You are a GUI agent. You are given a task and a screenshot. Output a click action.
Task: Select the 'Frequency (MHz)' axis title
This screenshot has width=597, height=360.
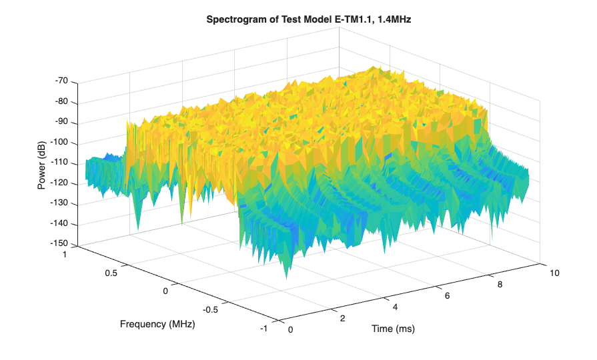[x=158, y=324]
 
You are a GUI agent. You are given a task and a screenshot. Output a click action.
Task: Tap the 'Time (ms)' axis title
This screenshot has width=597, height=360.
[x=394, y=329]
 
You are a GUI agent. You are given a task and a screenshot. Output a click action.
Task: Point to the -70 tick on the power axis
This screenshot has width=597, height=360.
[x=61, y=81]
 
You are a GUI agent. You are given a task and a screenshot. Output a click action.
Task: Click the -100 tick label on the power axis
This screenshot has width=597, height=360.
[x=59, y=143]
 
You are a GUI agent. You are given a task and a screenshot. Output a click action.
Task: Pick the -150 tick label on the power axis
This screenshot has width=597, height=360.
[x=59, y=244]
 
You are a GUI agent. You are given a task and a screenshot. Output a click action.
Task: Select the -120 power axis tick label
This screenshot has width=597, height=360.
[x=59, y=183]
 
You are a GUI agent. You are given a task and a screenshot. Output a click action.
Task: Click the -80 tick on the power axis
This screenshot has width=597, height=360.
[x=61, y=102]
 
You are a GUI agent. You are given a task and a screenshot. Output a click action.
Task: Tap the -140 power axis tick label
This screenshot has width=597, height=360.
[x=59, y=224]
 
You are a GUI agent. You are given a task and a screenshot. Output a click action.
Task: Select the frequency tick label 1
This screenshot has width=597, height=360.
[x=65, y=254]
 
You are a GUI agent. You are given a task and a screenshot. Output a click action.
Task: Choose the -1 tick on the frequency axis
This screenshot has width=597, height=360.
[x=265, y=328]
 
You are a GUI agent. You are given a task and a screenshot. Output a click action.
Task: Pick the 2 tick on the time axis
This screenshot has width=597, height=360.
[x=343, y=318]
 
